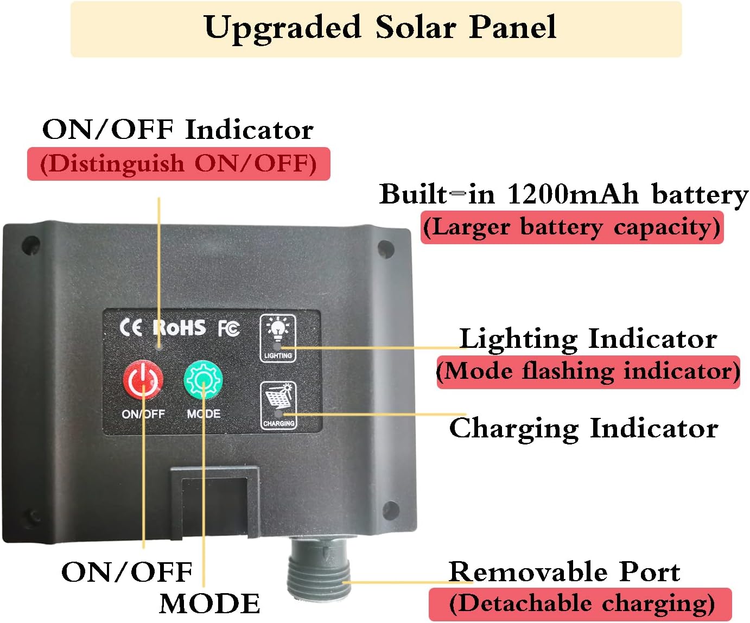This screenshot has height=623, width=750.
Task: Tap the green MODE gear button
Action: [x=203, y=379]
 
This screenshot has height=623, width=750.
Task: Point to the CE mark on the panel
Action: [x=130, y=328]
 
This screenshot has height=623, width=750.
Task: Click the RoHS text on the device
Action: [x=179, y=328]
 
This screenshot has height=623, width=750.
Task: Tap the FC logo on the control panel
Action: [x=228, y=328]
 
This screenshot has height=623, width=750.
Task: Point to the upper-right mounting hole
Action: [x=386, y=249]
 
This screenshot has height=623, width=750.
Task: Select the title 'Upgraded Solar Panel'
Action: [x=380, y=28]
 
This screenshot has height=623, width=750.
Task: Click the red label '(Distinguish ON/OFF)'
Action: [x=179, y=164]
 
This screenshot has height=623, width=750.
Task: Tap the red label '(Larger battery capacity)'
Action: [x=571, y=227]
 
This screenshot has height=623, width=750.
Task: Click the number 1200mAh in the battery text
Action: [x=573, y=194]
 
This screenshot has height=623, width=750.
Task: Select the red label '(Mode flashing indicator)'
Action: [x=588, y=372]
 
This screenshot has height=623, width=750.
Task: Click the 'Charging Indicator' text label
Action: [x=583, y=428]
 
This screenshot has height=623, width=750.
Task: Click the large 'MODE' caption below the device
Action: [x=209, y=604]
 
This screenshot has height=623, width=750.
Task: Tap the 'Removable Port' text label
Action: [x=564, y=572]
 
